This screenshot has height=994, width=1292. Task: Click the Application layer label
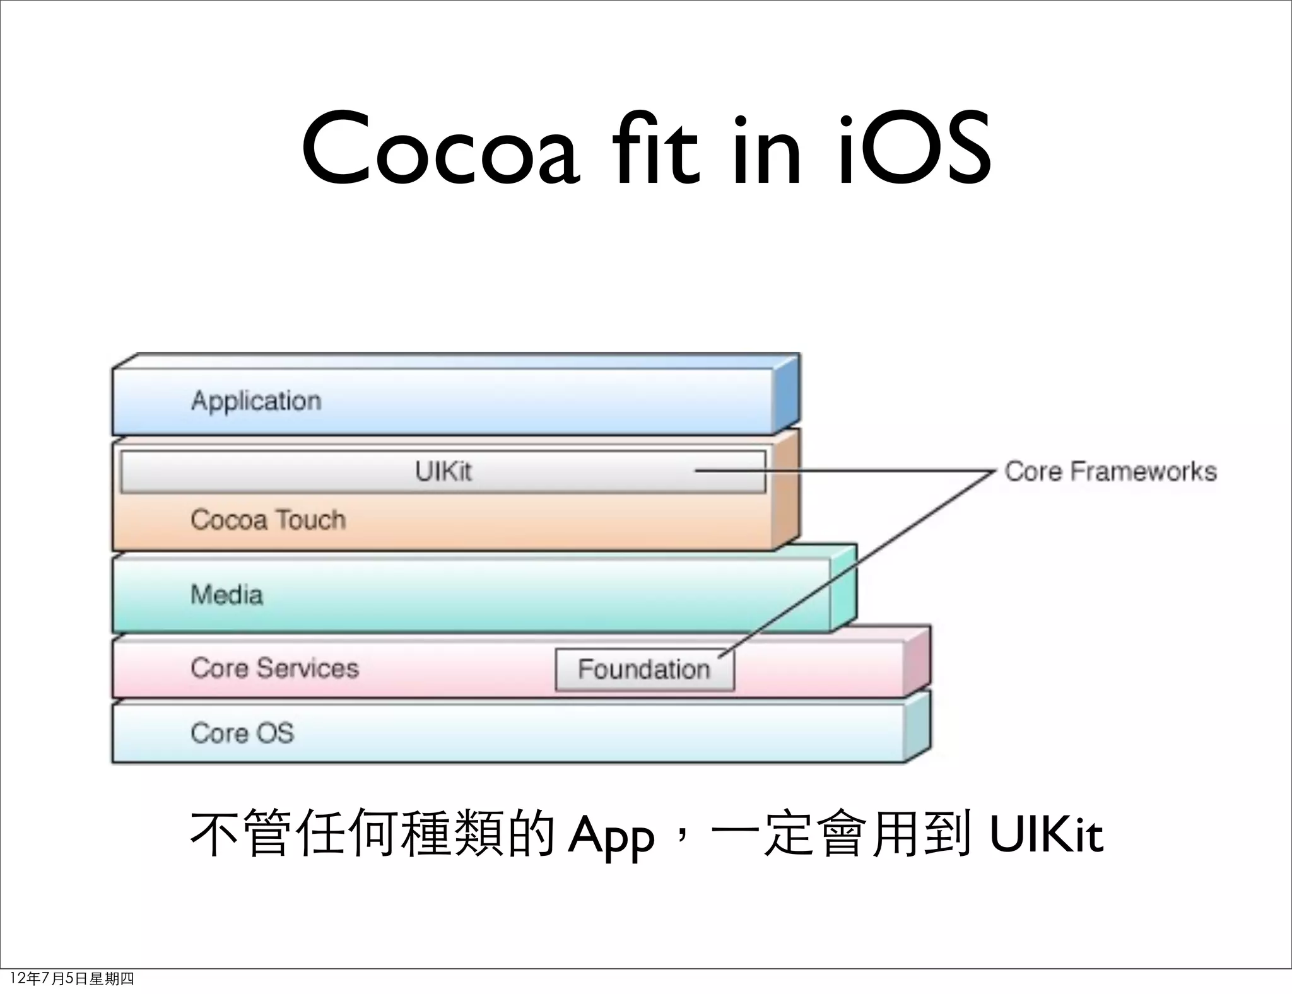[x=256, y=401]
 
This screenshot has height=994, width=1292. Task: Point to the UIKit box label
[x=443, y=472]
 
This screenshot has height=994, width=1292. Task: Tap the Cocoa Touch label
[x=268, y=520]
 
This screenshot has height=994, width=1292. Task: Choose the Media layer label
[x=226, y=595]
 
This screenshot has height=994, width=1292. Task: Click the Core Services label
[x=274, y=669]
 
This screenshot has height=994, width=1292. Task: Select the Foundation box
[x=644, y=669]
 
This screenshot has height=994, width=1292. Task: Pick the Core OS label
[x=242, y=733]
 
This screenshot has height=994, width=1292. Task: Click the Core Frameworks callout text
[x=1110, y=472]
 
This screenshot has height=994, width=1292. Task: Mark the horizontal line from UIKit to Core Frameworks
[x=883, y=471]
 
